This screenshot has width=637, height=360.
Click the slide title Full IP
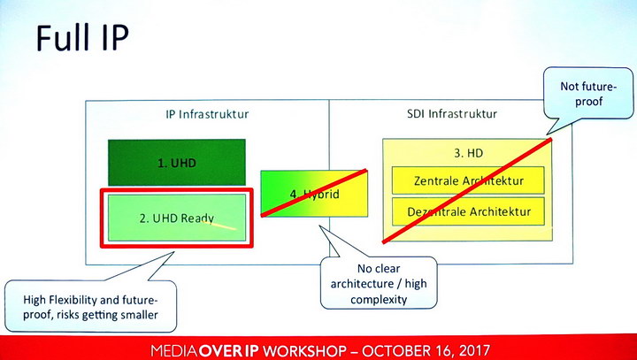point(82,37)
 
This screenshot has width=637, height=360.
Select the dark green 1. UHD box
point(177,162)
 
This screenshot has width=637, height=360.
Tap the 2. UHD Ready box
point(177,218)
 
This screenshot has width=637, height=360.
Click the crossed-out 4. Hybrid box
point(314,194)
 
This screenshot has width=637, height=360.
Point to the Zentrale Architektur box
point(468,180)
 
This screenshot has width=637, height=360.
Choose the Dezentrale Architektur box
point(468,211)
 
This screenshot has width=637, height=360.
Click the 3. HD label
point(468,153)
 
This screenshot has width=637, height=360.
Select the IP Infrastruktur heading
point(207,114)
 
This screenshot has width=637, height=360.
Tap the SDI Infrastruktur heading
point(452,113)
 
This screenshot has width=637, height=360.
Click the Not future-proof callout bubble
point(587,94)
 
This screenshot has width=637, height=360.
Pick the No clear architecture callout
point(379,283)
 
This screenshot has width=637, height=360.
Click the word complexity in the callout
point(379,300)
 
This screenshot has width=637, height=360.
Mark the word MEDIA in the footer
point(174,350)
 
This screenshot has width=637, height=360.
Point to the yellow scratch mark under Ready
point(219,226)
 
